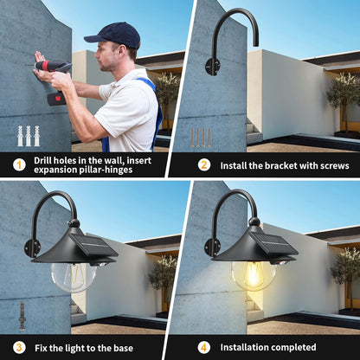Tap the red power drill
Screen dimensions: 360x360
(x=55, y=69)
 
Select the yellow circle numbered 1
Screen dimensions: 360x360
(x=19, y=164)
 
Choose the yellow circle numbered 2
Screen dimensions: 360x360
(x=204, y=164)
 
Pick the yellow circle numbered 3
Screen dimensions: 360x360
(x=19, y=346)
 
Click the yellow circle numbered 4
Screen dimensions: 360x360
(x=204, y=346)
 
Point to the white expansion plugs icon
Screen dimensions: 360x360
(x=29, y=135)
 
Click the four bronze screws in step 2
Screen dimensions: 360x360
(x=201, y=137)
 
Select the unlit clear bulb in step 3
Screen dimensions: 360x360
(x=72, y=275)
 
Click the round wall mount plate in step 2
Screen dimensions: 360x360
(x=212, y=66)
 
